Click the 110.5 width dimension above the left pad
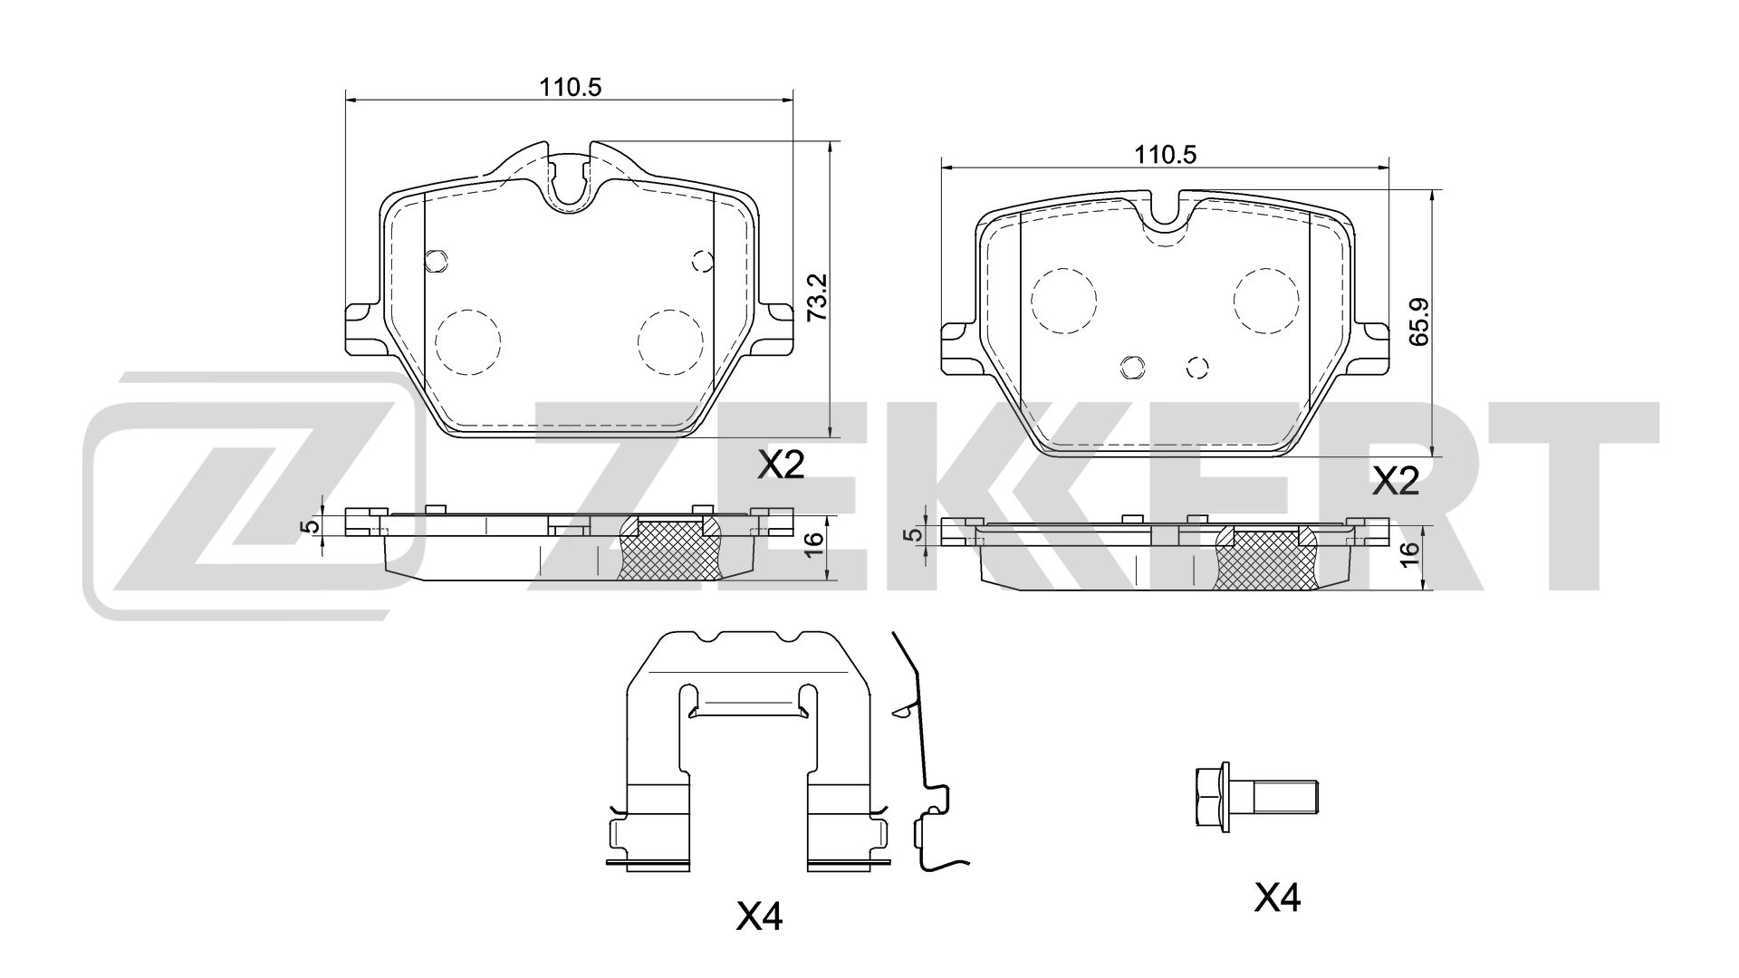(x=572, y=87)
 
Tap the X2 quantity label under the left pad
(x=780, y=465)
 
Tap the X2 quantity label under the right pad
(x=1395, y=481)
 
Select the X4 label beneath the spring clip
(x=758, y=918)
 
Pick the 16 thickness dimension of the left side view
(x=814, y=540)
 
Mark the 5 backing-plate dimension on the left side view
(x=312, y=526)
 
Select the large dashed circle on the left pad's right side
(x=670, y=341)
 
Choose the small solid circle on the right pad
(x=1132, y=367)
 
